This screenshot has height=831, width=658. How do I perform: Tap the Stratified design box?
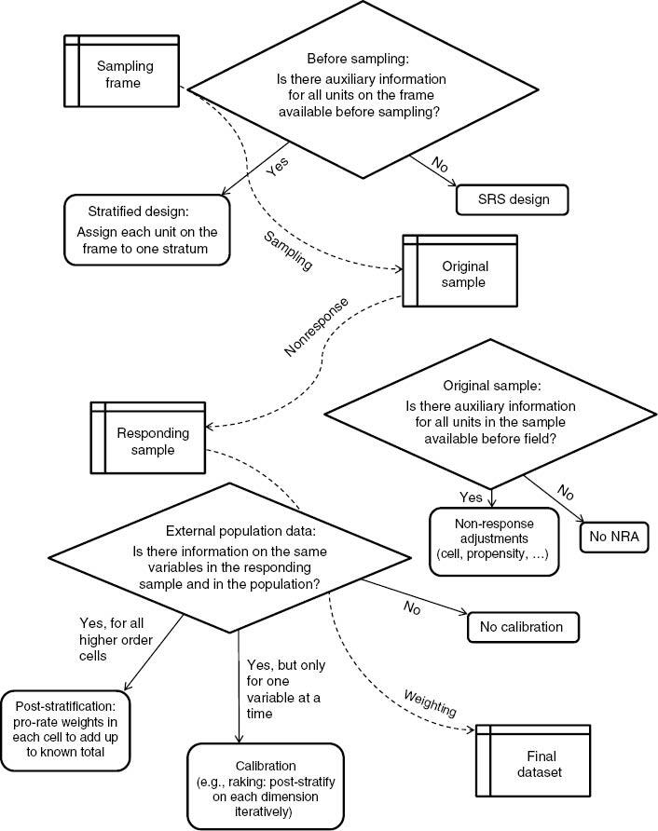(x=147, y=230)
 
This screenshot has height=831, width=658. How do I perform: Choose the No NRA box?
(x=614, y=536)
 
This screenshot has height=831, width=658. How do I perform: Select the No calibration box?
(x=522, y=626)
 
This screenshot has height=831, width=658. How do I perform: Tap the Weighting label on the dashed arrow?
(x=430, y=704)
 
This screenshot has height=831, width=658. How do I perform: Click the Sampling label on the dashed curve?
(x=288, y=251)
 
